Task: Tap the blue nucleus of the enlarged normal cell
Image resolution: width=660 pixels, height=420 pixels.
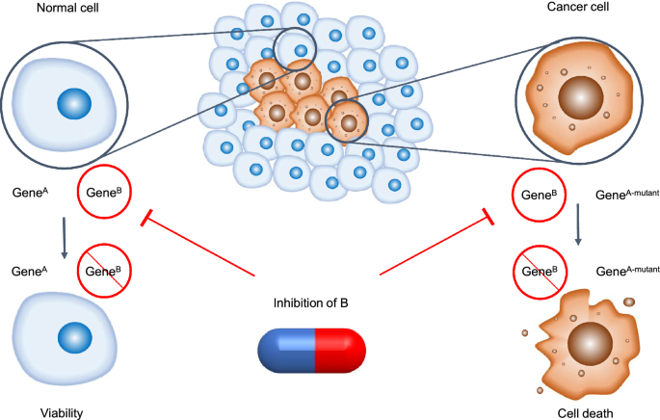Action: point(70,101)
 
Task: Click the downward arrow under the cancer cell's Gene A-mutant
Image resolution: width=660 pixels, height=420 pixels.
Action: point(578,223)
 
